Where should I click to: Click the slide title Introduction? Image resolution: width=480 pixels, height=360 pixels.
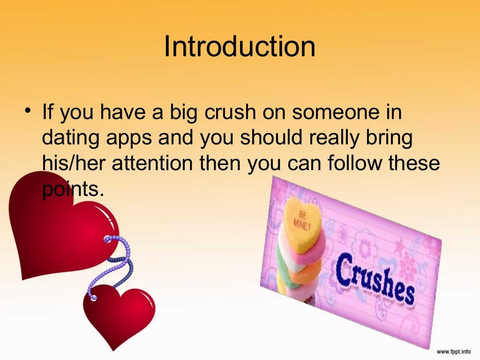[x=240, y=47]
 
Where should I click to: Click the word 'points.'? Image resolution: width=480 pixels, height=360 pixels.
[x=71, y=189]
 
